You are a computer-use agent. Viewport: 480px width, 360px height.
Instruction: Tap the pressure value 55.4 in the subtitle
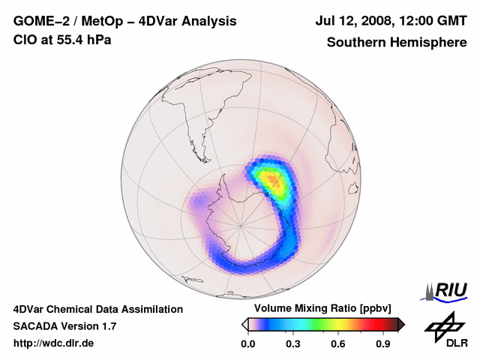[x=67, y=40]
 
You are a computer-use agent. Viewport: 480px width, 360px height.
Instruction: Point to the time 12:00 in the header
[x=425, y=21]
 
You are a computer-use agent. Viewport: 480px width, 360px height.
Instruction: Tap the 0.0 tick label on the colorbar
[x=247, y=344]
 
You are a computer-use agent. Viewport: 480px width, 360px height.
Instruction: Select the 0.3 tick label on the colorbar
[x=293, y=344]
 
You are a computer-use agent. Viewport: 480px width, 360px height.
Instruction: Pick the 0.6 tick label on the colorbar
[x=338, y=344]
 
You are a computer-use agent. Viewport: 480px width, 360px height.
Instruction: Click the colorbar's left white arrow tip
[x=243, y=324]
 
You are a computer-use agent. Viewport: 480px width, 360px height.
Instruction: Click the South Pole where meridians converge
[x=241, y=224]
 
